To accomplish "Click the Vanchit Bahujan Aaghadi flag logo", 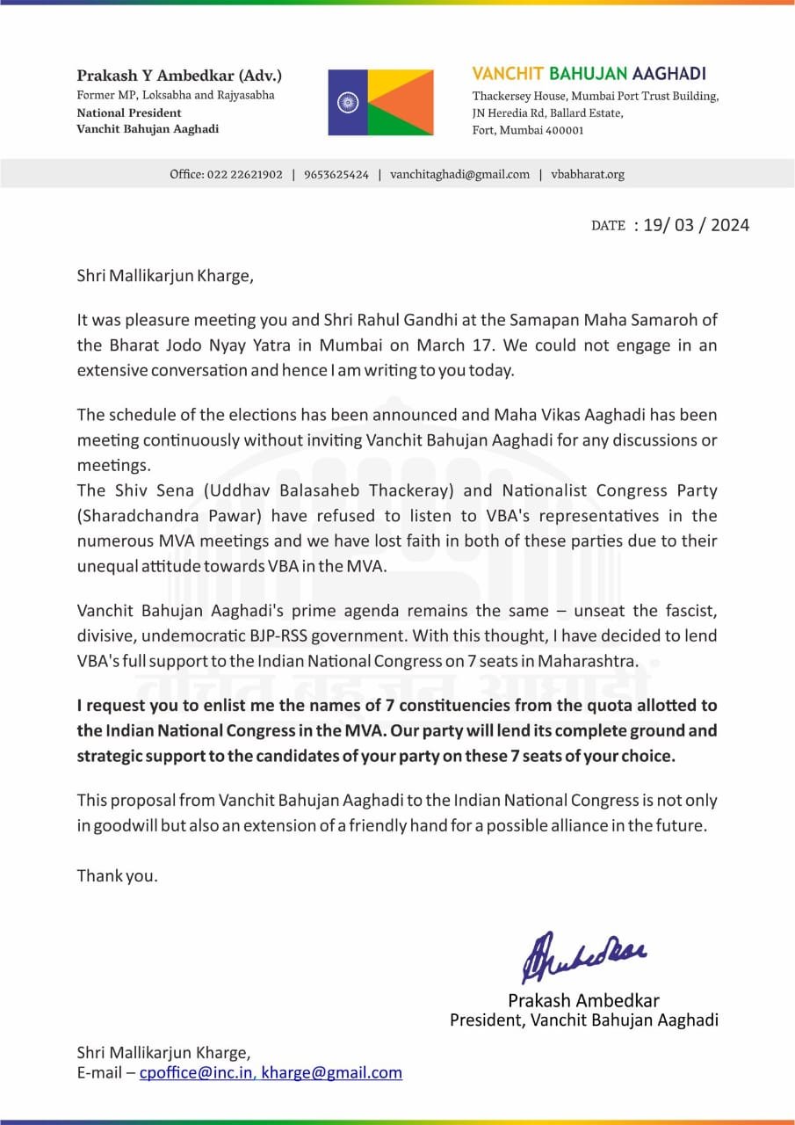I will [380, 102].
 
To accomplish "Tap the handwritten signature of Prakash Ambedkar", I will [583, 956].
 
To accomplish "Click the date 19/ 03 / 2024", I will [696, 225].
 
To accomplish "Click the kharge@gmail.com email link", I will [332, 1072].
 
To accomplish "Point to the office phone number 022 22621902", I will [245, 174].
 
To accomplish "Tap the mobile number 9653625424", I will [336, 174].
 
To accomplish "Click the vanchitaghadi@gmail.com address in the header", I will [459, 174].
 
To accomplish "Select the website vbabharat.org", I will [588, 174].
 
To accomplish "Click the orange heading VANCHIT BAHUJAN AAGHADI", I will [589, 74].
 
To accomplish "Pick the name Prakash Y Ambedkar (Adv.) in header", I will [179, 76].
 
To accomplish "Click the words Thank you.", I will [117, 875].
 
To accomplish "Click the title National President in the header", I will [129, 112].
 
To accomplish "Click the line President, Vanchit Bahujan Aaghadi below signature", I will [583, 1020].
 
